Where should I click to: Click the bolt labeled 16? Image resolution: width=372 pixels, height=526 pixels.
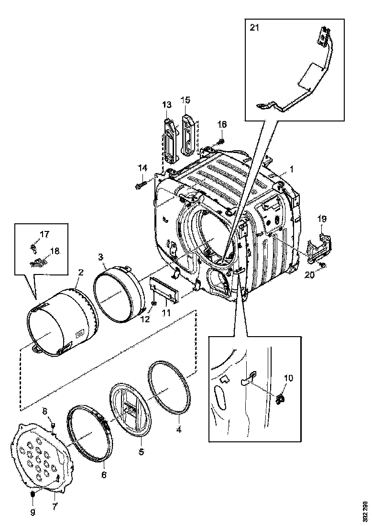[221, 142]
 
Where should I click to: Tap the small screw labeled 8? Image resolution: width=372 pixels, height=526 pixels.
[54, 425]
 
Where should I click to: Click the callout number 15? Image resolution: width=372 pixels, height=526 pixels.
[185, 100]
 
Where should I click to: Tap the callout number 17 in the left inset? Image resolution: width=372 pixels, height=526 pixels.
[44, 234]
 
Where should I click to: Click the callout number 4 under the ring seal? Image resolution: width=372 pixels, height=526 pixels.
[178, 429]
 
